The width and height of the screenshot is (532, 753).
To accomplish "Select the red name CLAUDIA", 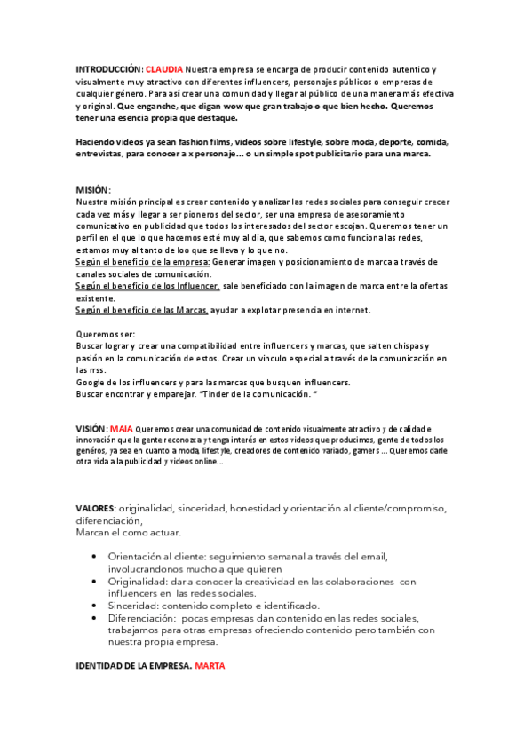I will tap(164, 68).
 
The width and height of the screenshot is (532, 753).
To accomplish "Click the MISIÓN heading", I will tap(93, 190).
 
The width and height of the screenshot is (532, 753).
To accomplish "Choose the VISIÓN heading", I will tap(91, 428).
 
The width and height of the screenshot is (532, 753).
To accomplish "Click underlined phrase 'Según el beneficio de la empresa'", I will tap(143, 262).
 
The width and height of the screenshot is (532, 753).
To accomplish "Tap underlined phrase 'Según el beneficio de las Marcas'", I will tap(142, 310).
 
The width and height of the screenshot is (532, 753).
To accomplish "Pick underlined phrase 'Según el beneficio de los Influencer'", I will tap(147, 286).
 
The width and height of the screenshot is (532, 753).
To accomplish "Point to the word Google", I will tap(91, 382).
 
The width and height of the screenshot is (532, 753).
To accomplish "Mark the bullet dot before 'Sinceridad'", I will tap(96, 605).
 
